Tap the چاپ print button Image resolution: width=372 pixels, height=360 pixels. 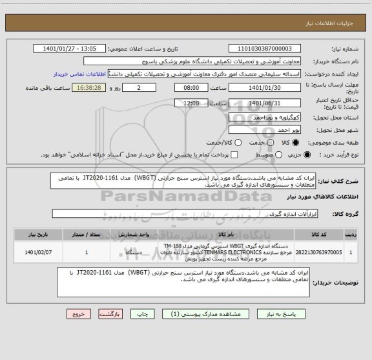pos(145,313)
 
